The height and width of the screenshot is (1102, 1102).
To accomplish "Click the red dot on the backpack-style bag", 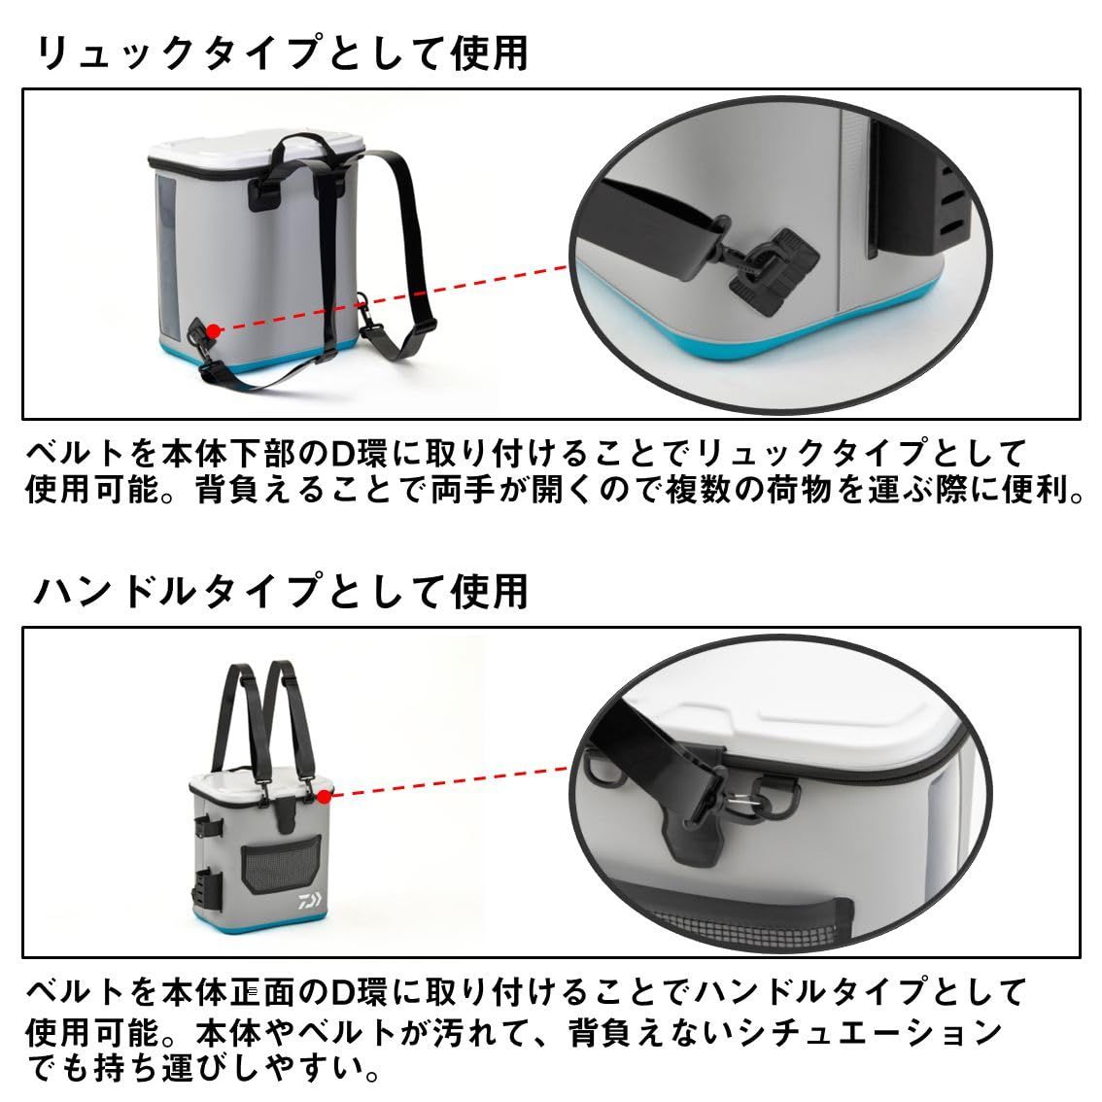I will [214, 330].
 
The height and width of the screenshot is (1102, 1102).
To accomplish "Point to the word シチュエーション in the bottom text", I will [894, 1032].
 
